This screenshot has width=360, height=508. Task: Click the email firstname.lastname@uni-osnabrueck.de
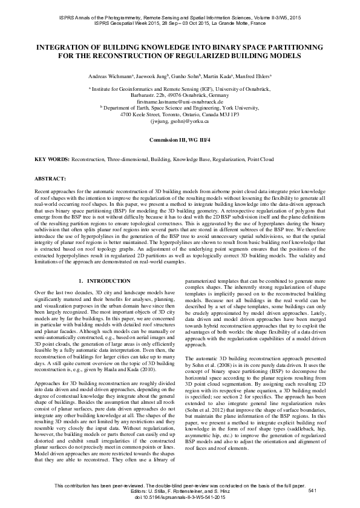180,101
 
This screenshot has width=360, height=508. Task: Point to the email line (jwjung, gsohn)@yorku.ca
180,120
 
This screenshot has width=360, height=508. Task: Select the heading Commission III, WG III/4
180,140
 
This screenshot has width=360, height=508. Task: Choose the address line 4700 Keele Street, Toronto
180,114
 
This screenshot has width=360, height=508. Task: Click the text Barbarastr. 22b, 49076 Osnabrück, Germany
180,95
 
